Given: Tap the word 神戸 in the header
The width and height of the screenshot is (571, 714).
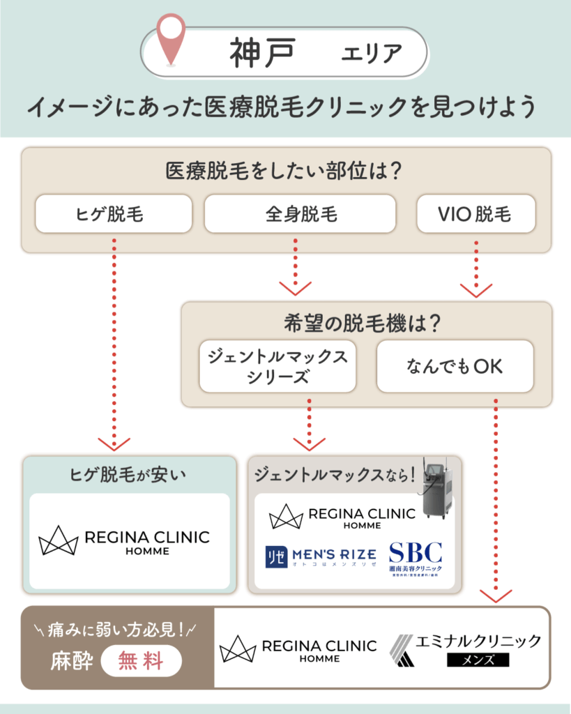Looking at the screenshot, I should tap(261, 52).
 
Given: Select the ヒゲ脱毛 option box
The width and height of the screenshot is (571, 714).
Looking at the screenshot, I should tap(114, 213).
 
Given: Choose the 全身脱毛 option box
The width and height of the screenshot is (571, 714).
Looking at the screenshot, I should tap(300, 213).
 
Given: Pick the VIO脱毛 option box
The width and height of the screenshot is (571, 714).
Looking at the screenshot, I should tap(475, 213).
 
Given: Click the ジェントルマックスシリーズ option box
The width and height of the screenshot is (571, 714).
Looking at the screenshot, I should tap(277, 366).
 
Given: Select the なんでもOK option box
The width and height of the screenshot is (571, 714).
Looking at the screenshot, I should tap(455, 366).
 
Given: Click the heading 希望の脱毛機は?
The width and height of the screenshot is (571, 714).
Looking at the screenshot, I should tap(366, 322).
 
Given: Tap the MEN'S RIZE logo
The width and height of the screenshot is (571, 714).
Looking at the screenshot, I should tap(321, 556).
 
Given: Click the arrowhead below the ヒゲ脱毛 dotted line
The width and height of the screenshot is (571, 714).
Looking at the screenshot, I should tap(114, 443).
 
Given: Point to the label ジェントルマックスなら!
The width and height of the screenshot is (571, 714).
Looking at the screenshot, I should tap(335, 476).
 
